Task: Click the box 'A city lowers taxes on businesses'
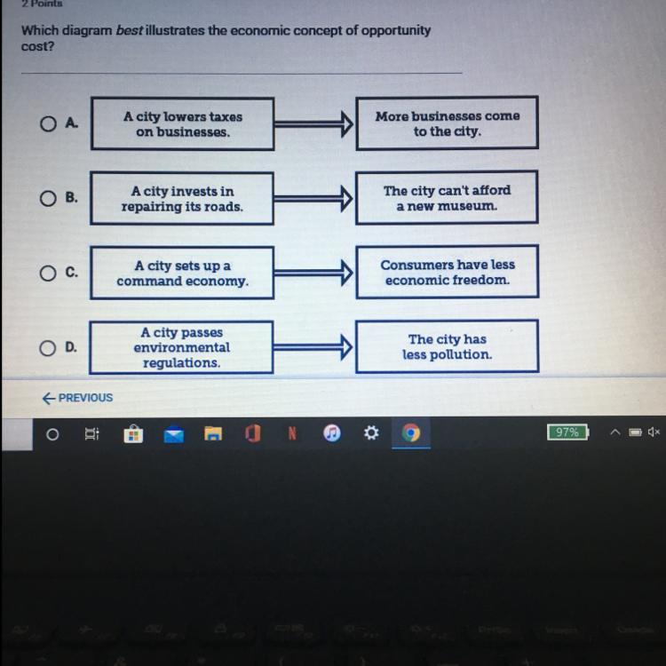click(182, 124)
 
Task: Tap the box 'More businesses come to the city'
click(447, 123)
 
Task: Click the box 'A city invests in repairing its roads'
click(182, 199)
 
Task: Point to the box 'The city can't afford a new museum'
click(447, 197)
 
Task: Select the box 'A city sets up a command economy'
click(182, 274)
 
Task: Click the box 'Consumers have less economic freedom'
click(447, 272)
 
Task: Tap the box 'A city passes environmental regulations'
click(182, 347)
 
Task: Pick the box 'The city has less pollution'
click(447, 346)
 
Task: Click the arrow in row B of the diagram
click(314, 199)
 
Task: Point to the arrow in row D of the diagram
click(314, 348)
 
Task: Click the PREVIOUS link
click(77, 398)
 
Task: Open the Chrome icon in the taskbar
click(410, 433)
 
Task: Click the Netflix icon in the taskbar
click(291, 433)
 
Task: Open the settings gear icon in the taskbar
click(371, 433)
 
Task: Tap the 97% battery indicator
click(567, 432)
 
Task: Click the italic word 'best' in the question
click(130, 30)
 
